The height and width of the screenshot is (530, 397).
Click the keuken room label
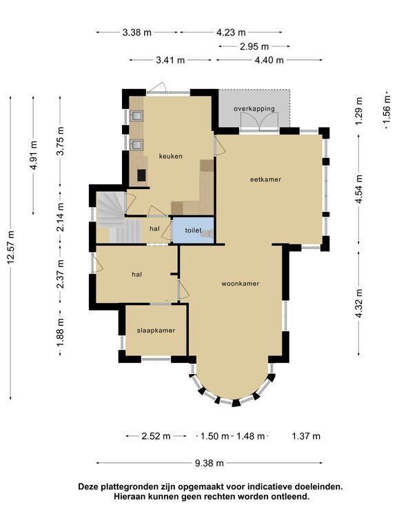(170, 156)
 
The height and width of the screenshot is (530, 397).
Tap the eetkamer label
(265, 179)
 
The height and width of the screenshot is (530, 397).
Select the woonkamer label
(241, 284)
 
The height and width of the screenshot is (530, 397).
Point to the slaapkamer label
(156, 331)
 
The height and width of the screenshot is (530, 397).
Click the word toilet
(193, 230)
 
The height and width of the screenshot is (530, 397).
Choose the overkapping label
(254, 108)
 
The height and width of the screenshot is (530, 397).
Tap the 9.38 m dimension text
(210, 463)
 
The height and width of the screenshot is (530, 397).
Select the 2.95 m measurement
(254, 46)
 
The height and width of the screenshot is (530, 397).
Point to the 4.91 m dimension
(33, 155)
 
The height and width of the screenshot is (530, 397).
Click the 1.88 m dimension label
(61, 333)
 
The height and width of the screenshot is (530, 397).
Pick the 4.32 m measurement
(358, 303)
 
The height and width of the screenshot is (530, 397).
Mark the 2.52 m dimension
(156, 436)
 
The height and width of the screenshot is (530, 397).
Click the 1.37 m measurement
(306, 436)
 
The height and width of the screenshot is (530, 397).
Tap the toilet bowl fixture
(209, 233)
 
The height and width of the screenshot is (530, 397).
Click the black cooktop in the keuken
(141, 175)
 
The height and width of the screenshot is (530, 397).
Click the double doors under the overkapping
(259, 121)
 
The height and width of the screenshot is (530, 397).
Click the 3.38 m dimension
(136, 32)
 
